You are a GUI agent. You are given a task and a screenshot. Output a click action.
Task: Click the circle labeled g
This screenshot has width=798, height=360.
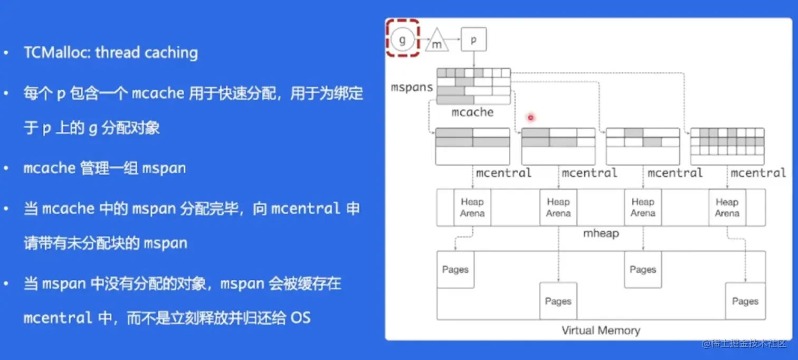(x=402, y=39)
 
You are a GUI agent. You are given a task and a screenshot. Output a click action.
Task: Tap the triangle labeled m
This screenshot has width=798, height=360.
(x=436, y=42)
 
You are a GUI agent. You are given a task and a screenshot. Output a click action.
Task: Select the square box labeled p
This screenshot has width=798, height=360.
(x=473, y=39)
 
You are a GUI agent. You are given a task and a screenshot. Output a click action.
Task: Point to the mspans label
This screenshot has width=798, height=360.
(x=412, y=87)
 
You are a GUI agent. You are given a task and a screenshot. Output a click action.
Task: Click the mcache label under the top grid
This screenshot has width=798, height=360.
(x=472, y=112)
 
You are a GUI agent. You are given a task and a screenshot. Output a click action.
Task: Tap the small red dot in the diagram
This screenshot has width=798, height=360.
(x=530, y=117)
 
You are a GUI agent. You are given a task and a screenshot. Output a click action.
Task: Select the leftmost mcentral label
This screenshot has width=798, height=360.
(x=503, y=173)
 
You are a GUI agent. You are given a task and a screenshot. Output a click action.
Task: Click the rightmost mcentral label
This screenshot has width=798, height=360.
(x=758, y=173)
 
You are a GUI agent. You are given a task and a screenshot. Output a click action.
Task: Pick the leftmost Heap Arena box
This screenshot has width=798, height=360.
(x=472, y=207)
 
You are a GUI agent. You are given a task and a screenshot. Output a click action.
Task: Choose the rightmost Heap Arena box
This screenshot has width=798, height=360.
(x=727, y=207)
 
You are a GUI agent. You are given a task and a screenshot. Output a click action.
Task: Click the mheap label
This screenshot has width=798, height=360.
(x=601, y=233)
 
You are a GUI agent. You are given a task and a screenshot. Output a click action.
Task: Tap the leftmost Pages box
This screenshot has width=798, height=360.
(x=455, y=270)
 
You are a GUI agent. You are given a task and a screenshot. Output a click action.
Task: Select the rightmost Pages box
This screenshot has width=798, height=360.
(x=745, y=301)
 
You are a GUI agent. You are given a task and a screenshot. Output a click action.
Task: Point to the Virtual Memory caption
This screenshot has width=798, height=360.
(x=601, y=331)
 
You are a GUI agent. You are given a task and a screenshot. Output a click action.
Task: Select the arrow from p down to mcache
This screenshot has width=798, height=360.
(x=473, y=59)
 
